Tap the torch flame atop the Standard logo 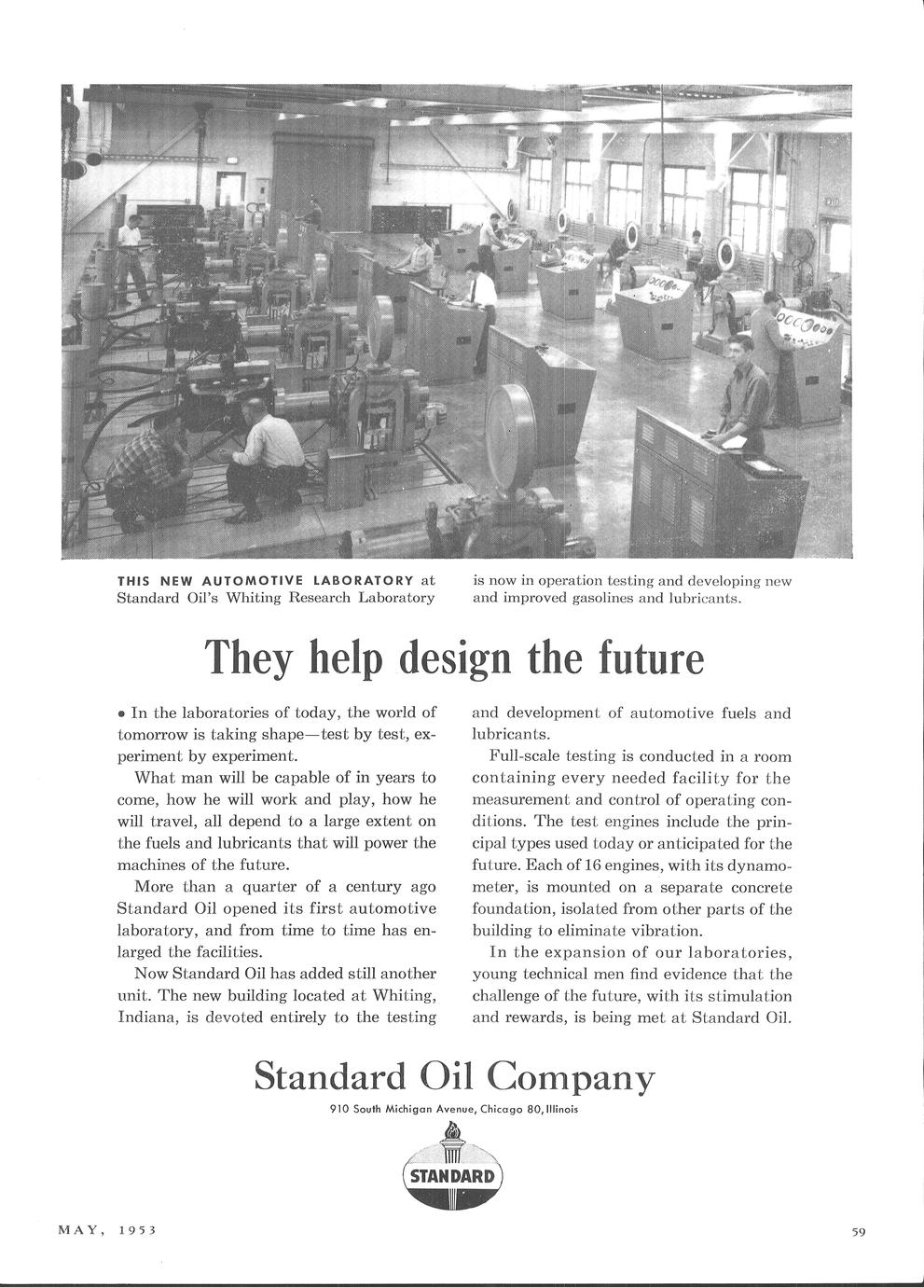[x=453, y=1131]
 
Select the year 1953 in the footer [x=137, y=1229]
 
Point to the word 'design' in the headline [x=458, y=658]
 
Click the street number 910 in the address [x=339, y=1109]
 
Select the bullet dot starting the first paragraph [x=121, y=714]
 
